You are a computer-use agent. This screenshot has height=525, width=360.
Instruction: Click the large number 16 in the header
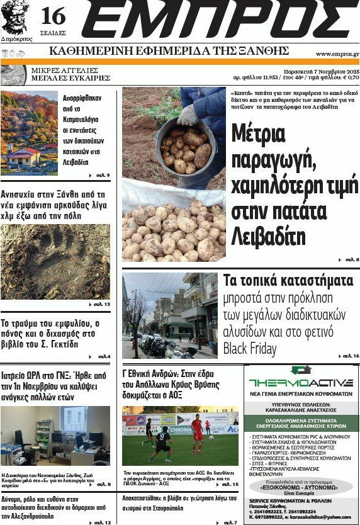[x=53, y=15]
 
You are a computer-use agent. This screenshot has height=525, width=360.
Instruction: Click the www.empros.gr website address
[x=337, y=54]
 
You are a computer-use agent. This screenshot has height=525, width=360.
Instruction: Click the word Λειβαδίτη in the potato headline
[x=259, y=236]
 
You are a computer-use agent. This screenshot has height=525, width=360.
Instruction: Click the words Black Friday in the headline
[x=252, y=348]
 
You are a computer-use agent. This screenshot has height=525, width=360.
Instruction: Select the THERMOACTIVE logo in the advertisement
[x=301, y=383]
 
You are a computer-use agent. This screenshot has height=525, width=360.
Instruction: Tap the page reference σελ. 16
[x=350, y=357]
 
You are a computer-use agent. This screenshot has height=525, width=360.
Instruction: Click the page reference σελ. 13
[x=101, y=305]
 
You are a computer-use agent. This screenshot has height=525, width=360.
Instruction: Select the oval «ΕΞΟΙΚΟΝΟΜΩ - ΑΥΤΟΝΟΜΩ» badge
[x=301, y=487]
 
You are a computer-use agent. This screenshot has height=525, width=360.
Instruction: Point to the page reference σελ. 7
[x=230, y=522]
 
